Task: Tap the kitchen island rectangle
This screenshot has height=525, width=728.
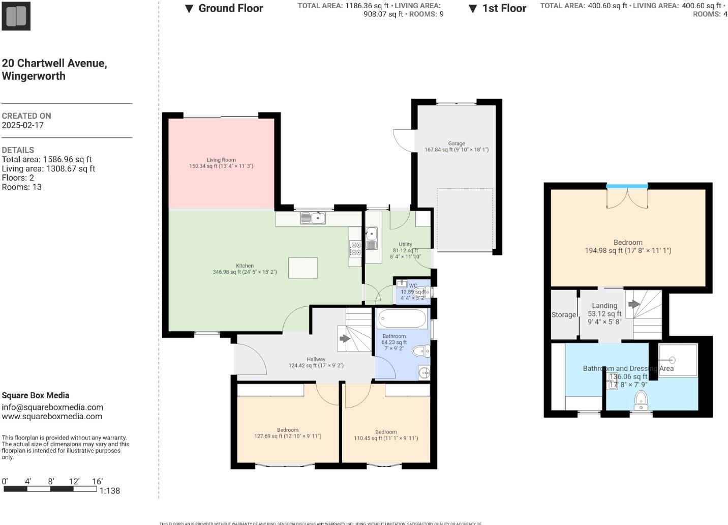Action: [303, 268]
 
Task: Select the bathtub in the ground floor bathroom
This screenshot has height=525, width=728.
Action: [403, 319]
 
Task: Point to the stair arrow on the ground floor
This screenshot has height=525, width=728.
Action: [345, 338]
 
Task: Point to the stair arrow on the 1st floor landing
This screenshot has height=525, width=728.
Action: [633, 304]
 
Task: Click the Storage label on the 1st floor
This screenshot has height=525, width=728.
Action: [564, 315]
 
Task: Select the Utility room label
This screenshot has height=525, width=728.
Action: [405, 245]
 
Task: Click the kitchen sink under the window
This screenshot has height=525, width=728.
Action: [313, 218]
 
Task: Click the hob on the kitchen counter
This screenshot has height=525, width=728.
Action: [355, 249]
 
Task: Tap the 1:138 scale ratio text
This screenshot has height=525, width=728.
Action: [110, 491]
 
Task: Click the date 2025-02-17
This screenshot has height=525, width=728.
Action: [23, 125]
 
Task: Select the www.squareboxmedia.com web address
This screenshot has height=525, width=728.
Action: [52, 416]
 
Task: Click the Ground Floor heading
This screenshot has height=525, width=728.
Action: [230, 8]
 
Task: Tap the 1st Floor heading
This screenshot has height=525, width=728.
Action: [504, 8]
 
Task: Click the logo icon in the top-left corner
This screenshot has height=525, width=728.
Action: [16, 16]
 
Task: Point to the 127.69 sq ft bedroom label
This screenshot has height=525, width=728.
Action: [288, 433]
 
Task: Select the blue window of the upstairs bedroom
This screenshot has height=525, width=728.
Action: [627, 187]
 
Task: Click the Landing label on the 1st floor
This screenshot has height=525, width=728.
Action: [604, 306]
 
